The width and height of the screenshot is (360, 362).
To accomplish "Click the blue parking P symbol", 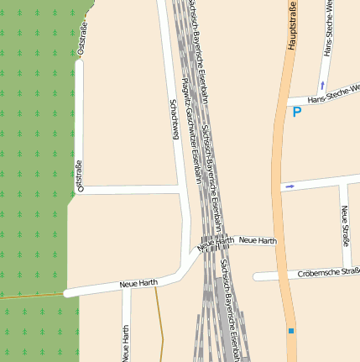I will (296, 111).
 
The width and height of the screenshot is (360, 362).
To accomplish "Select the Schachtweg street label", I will (175, 118).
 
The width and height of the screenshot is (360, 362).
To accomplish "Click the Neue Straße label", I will (345, 224).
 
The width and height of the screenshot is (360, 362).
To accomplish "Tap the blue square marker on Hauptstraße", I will (291, 331).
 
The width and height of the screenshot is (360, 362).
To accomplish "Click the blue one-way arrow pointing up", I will (321, 85).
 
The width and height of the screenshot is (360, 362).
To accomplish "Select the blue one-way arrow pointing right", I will (290, 186).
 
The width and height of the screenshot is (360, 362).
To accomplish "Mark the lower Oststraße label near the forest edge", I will (80, 176).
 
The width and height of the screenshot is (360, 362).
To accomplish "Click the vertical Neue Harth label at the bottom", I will (126, 344).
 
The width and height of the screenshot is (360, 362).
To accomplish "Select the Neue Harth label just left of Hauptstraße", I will (258, 241).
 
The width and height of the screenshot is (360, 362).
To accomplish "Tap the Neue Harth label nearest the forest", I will (138, 284).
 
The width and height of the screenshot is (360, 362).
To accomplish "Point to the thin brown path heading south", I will (159, 328).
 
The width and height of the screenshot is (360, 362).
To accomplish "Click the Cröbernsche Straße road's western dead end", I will (256, 275).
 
